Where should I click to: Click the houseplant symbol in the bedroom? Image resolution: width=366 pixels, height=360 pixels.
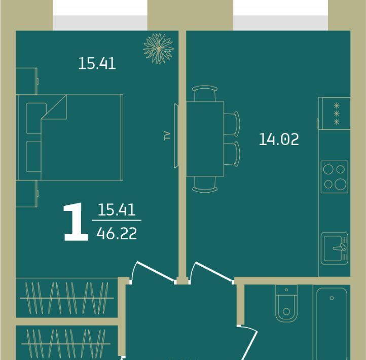(159, 49)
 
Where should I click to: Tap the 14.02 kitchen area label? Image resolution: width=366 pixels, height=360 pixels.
(279, 139)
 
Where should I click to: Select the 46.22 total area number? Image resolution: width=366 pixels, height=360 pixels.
(117, 234)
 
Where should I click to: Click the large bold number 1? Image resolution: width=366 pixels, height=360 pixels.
(76, 222)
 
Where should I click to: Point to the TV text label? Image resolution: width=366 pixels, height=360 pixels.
(167, 136)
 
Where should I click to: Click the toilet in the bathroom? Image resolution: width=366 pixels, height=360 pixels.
(286, 303)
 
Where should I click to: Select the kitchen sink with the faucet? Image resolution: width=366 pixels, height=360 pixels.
(335, 248)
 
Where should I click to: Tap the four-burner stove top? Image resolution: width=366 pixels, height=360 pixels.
(335, 177)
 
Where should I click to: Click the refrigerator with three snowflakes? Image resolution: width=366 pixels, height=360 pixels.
(334, 114)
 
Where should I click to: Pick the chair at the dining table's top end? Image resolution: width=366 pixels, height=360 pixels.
(205, 93)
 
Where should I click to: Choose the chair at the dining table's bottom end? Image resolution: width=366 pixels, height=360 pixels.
(205, 184)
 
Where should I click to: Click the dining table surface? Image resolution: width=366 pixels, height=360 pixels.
(205, 139)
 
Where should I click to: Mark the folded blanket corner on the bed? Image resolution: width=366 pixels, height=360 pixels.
(54, 107)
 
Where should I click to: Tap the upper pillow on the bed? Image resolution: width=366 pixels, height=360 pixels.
(35, 118)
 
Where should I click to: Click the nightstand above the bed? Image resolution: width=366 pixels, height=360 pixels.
(26, 81)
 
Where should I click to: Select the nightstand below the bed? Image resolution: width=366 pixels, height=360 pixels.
(26, 194)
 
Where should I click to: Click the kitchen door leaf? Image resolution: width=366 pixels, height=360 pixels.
(214, 271)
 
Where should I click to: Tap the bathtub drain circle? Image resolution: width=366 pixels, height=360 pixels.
(332, 298)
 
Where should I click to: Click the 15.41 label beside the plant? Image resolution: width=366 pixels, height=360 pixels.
(97, 63)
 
